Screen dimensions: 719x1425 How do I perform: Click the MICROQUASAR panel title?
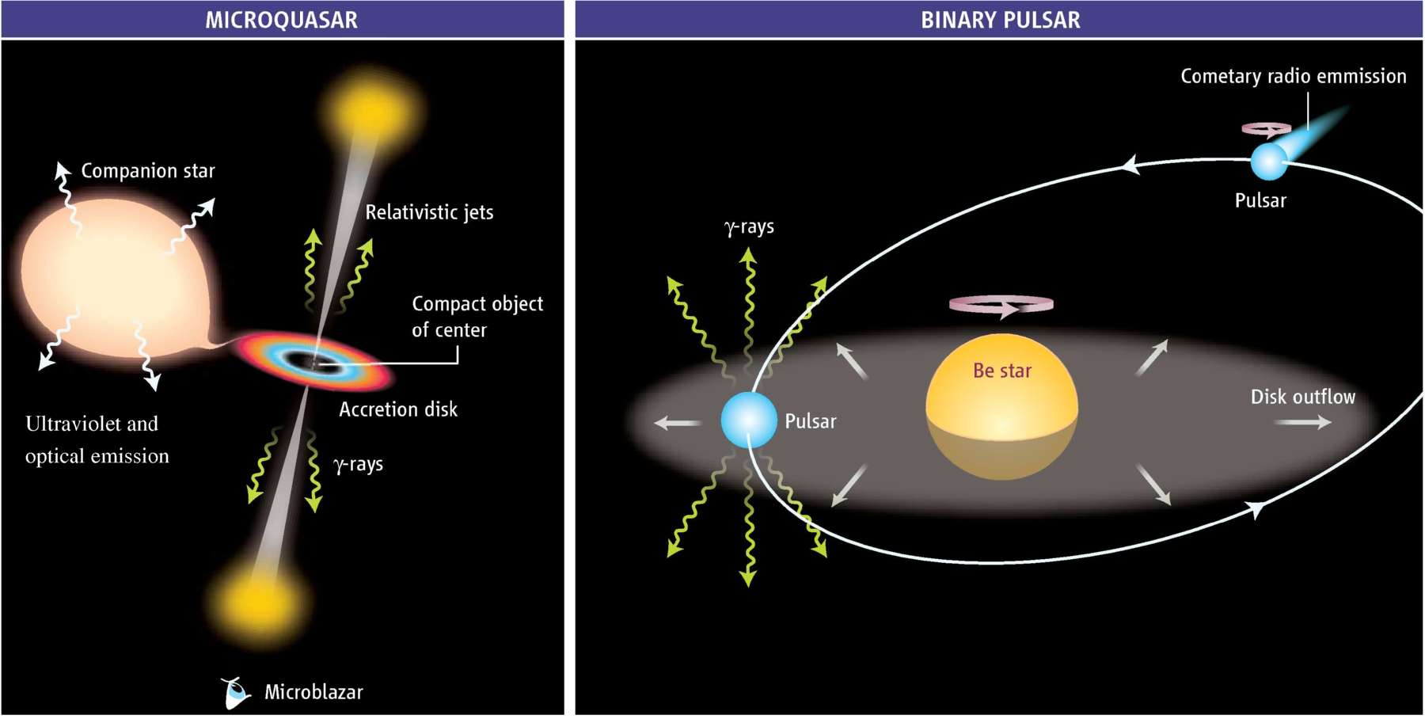point(281,20)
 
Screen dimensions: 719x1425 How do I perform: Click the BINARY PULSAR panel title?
point(1000,20)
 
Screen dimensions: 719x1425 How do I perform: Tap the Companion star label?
point(148,171)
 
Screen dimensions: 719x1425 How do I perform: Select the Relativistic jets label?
point(429,212)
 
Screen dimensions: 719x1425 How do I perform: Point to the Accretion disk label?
point(398,409)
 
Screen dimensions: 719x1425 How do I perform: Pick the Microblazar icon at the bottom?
point(235,694)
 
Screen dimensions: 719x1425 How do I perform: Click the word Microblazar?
point(313,692)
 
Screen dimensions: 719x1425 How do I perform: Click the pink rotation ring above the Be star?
point(1001,304)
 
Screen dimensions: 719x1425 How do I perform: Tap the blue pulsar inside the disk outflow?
point(748,420)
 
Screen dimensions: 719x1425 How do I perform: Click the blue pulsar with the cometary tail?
point(1268,162)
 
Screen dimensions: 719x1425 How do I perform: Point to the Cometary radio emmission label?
point(1293,76)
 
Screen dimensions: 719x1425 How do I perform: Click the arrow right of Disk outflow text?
point(1302,423)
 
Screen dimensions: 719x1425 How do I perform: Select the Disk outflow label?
point(1302,397)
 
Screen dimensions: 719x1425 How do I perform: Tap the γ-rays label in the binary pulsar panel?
point(749,227)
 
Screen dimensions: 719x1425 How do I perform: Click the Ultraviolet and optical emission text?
point(97,439)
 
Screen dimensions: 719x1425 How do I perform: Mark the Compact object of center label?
point(477,317)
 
